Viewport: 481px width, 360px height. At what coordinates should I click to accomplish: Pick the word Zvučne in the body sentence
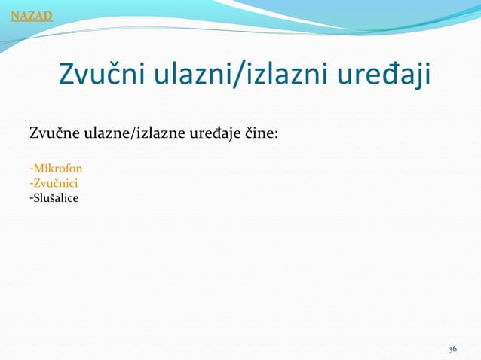coord(51,135)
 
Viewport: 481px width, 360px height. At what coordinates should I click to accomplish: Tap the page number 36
coord(452,349)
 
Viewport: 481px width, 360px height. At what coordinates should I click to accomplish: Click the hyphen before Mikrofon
coord(30,169)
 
